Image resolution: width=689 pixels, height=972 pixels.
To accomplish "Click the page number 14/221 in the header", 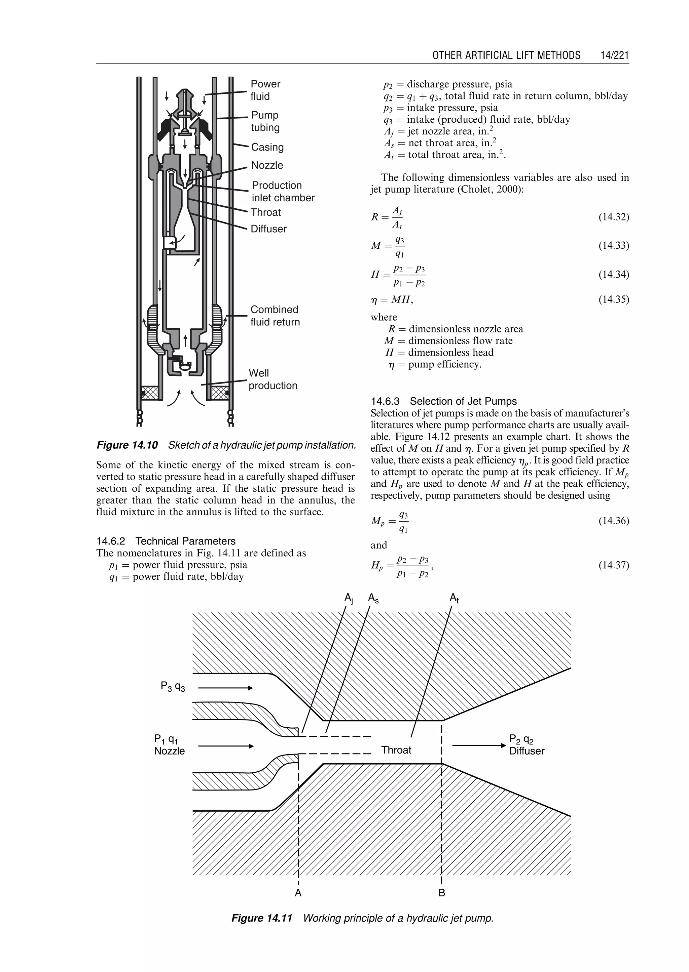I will point(614,55).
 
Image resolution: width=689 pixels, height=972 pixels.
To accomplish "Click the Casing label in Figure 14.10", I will point(267,147).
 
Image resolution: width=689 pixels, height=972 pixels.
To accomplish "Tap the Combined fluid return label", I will point(275,316).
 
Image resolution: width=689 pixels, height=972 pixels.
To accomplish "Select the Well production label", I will point(273,379).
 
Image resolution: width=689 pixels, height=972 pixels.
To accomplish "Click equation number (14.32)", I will point(614,217).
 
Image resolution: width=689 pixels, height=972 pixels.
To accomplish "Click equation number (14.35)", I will point(614,300).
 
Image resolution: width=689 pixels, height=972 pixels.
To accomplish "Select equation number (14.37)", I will point(614,565).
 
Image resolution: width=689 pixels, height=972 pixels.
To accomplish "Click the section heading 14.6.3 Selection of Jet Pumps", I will point(444,401).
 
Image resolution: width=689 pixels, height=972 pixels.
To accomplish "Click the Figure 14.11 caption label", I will point(262,918).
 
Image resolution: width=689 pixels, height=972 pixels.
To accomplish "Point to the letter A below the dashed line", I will point(298,893).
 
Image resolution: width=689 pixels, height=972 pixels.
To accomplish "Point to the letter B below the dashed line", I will point(442,893).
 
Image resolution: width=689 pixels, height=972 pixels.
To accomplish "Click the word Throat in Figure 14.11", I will point(396,750).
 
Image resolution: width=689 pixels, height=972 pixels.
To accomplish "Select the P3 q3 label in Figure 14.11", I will point(173,686).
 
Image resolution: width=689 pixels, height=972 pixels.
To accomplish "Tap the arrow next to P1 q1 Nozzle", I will point(226,746).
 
